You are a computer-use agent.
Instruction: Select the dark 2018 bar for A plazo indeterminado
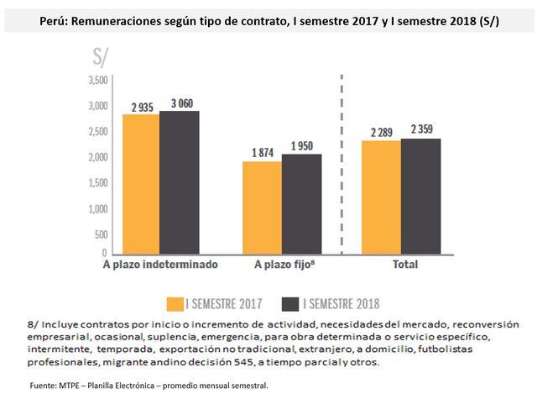coord(179,181)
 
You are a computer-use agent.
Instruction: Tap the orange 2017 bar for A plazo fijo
coord(261,207)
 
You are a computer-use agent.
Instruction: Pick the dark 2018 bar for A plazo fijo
coord(300,203)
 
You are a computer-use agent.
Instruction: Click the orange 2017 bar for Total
coord(381,197)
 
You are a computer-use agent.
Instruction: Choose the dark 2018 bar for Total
coord(420,195)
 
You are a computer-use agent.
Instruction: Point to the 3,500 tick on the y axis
coord(98,80)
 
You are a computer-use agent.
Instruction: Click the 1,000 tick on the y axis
coord(98,209)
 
